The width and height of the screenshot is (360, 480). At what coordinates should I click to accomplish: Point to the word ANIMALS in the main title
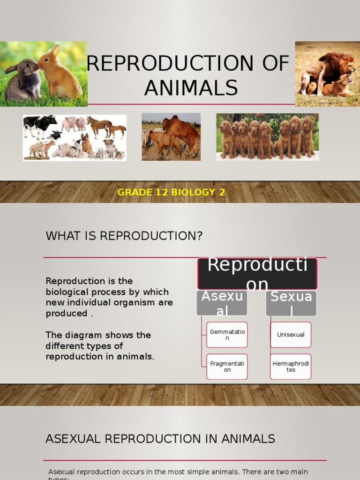pos(191,88)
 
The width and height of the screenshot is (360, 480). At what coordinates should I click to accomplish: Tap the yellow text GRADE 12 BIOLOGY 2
pos(171,193)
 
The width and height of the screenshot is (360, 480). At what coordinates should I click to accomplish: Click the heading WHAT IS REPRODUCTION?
pos(124,236)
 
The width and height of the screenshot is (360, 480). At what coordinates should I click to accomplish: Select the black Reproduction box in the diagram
pos(257,274)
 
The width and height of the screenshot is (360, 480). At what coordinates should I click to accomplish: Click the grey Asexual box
pos(222,303)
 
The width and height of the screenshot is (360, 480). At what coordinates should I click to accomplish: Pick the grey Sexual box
pos(291,303)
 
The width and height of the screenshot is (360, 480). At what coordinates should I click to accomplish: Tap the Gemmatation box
pos(227,335)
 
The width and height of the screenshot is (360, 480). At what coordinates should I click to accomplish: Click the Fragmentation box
pos(227,367)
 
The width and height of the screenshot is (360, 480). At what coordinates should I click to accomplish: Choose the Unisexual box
pos(291,335)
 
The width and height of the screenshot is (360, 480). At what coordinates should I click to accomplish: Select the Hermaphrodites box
pos(291,367)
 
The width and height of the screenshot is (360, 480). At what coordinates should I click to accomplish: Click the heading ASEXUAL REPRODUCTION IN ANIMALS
pos(160,439)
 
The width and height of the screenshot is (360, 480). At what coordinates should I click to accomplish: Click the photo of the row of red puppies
pos(267,137)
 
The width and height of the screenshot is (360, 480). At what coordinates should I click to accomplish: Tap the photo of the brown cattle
pos(171,137)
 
